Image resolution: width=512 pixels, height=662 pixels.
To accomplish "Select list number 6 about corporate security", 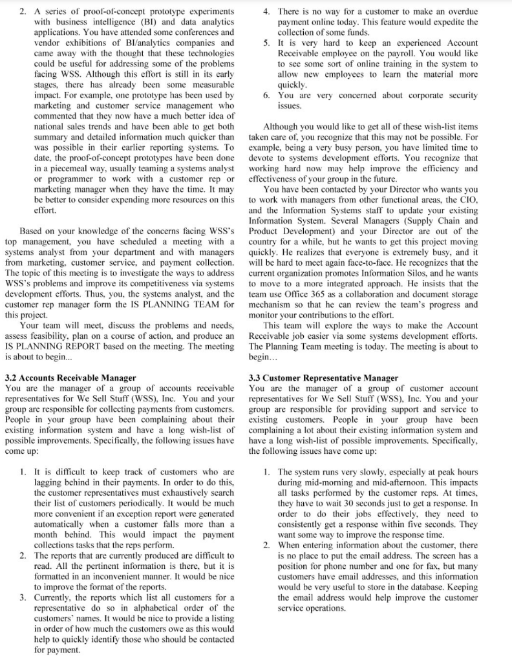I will click(266, 95).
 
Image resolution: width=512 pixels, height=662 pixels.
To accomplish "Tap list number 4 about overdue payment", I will click(266, 12).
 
